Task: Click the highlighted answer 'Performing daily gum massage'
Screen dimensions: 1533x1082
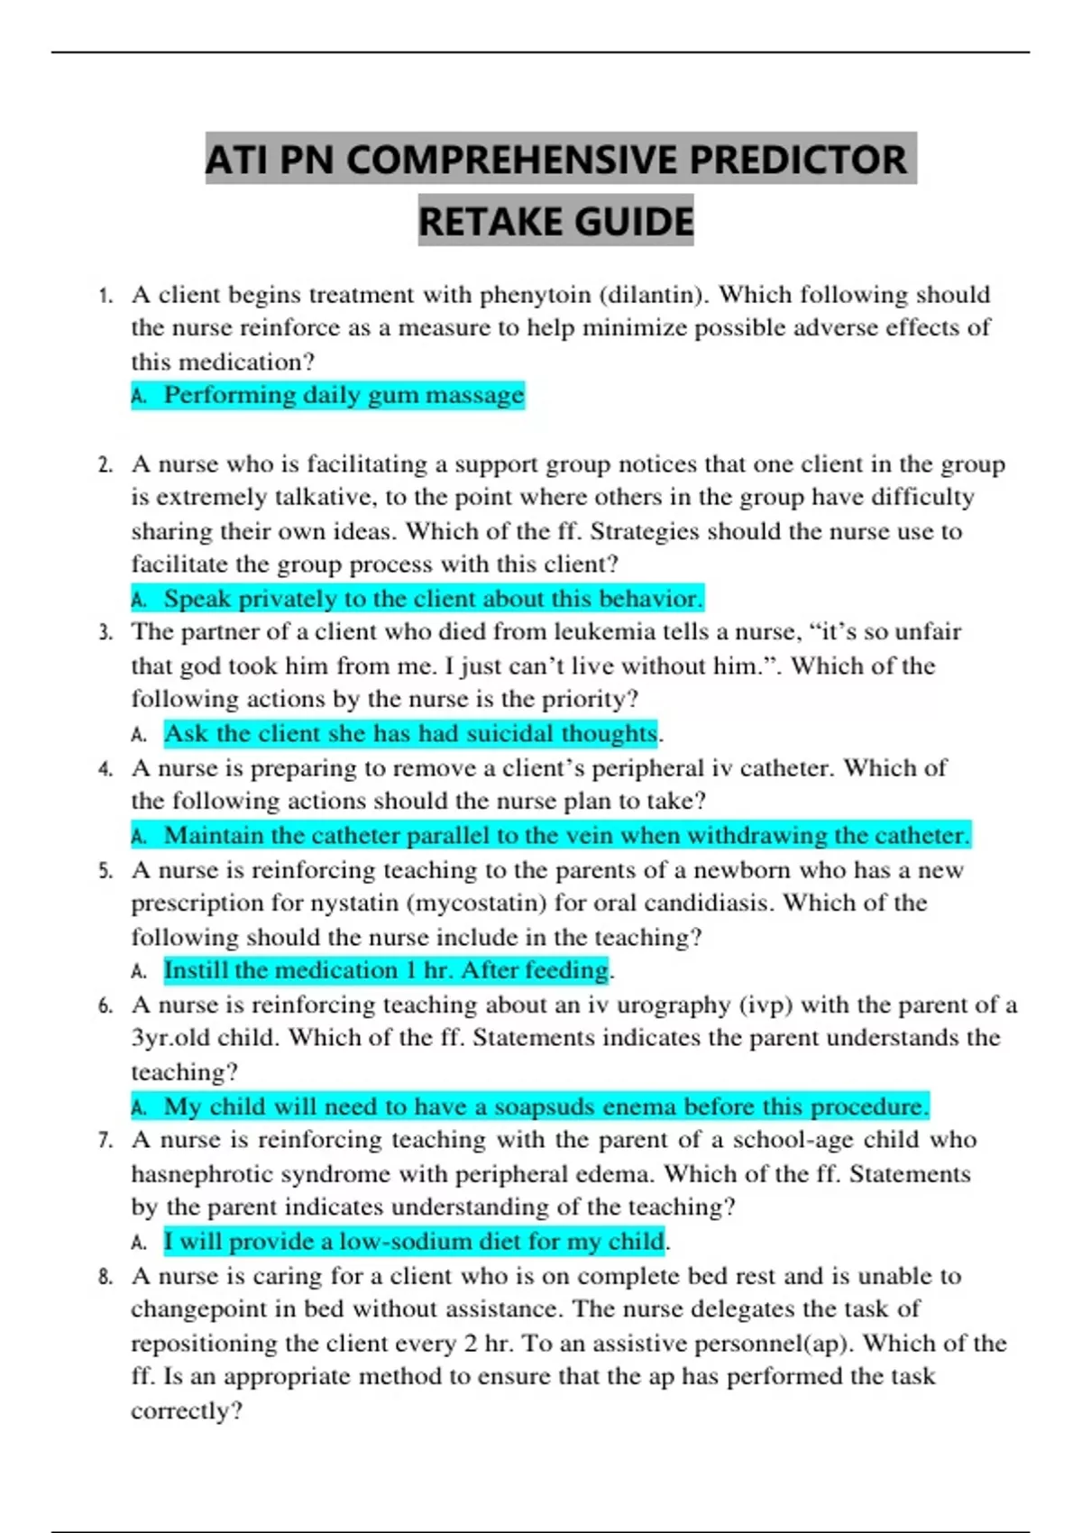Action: click(343, 395)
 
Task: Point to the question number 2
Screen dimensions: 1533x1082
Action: click(105, 465)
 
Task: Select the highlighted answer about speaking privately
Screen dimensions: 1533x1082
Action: click(432, 599)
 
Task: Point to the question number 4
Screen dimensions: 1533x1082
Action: click(105, 769)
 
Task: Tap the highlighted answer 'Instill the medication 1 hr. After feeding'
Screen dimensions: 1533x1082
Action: click(386, 970)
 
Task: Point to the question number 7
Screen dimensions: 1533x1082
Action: click(105, 1141)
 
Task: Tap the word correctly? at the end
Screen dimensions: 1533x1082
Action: click(187, 1411)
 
